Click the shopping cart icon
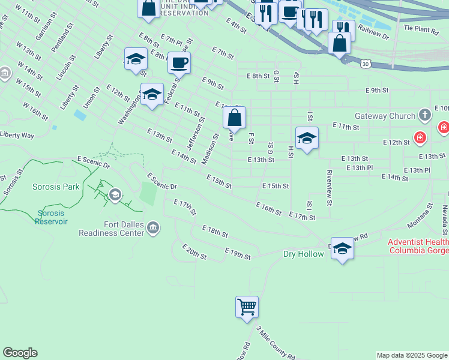pyautogui.click(x=247, y=307)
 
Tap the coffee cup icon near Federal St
pyautogui.click(x=179, y=62)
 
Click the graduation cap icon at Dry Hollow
pyautogui.click(x=342, y=248)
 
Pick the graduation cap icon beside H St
pyautogui.click(x=307, y=138)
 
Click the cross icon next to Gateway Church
pyautogui.click(x=425, y=114)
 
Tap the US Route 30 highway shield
pyautogui.click(x=365, y=63)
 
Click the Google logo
pyautogui.click(x=20, y=353)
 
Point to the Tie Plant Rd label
pyautogui.click(x=421, y=28)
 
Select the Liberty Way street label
pyautogui.click(x=17, y=135)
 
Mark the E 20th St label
pyautogui.click(x=194, y=252)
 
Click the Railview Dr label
pyautogui.click(x=373, y=32)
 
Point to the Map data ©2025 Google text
pyautogui.click(x=412, y=355)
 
